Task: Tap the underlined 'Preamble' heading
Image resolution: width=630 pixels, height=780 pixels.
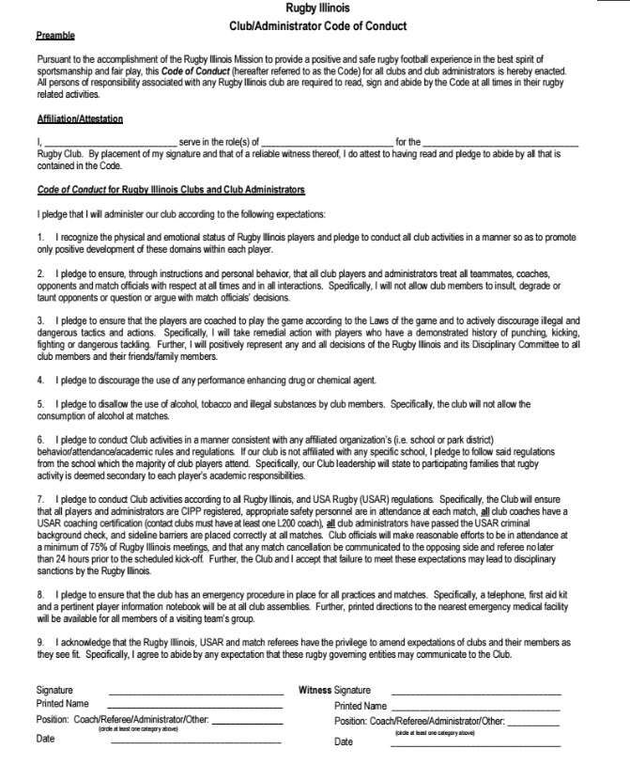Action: [55, 36]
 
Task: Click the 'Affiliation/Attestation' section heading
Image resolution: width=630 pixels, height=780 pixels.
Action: [80, 119]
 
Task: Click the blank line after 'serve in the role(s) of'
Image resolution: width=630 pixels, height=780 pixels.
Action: [327, 142]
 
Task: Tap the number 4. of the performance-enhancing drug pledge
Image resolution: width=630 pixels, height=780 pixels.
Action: [41, 381]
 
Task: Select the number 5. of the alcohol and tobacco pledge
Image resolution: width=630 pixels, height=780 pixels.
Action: [41, 403]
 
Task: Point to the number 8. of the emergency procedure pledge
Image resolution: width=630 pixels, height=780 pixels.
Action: [41, 595]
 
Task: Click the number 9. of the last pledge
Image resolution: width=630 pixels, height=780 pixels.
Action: [41, 642]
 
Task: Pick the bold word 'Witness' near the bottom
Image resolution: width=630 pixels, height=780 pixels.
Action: [315, 690]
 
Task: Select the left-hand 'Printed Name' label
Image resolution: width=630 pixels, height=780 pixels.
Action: [63, 704]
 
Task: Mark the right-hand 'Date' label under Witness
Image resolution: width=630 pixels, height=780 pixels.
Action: [344, 742]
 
